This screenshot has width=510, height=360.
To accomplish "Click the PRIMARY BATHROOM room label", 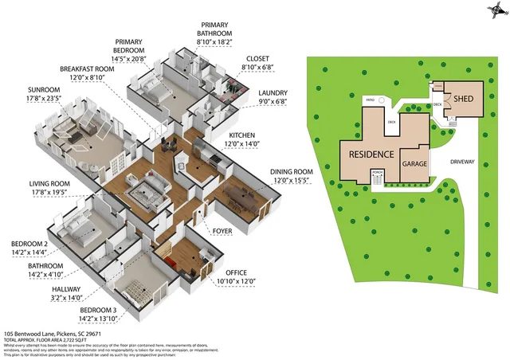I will click(x=214, y=33).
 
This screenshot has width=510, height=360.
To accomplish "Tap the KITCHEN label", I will click(x=242, y=135).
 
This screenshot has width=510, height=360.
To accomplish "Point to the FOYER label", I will click(x=222, y=231).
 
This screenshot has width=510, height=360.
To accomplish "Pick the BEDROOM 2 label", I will click(x=29, y=244).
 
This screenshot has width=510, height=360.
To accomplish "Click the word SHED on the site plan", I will click(x=464, y=98).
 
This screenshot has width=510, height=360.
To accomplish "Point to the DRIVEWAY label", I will click(x=461, y=162).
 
